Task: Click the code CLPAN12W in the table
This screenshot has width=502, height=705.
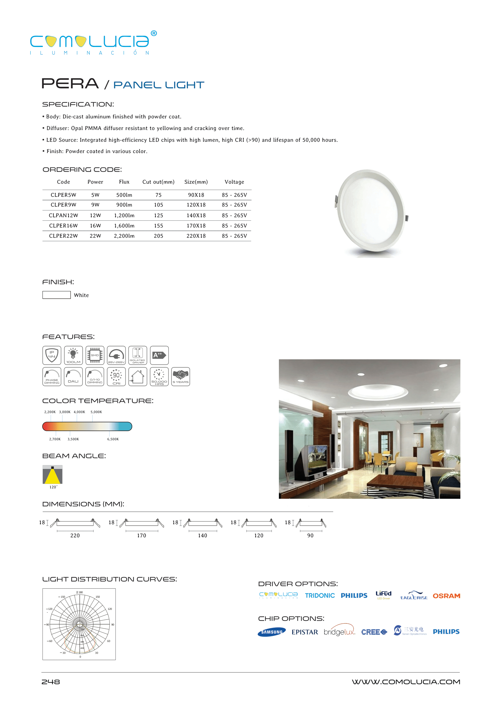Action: tap(63, 215)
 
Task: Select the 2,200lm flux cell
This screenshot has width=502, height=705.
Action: tap(124, 236)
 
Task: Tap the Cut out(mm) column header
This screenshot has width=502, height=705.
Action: tap(158, 182)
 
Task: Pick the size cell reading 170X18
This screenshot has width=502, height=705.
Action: tap(196, 226)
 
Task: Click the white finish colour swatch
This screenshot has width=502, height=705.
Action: tap(57, 295)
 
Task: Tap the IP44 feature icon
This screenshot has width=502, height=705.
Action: tap(52, 355)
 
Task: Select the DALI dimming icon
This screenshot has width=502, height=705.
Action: tap(73, 377)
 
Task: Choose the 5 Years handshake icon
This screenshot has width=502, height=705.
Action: tap(181, 377)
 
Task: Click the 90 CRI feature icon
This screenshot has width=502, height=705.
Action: tap(116, 377)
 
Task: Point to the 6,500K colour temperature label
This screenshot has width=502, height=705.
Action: tap(113, 439)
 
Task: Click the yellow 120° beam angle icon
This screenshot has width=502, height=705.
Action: tap(53, 475)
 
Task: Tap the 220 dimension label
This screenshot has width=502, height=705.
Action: tap(75, 536)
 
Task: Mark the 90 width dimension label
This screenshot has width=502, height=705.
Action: tap(310, 536)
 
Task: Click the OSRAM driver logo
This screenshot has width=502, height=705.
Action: tap(446, 596)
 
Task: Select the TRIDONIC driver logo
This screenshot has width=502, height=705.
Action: tap(320, 596)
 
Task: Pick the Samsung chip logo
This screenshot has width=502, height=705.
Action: tap(272, 632)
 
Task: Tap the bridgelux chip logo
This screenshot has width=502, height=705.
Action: tap(339, 632)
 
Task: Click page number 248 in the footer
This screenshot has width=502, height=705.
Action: tap(51, 682)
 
